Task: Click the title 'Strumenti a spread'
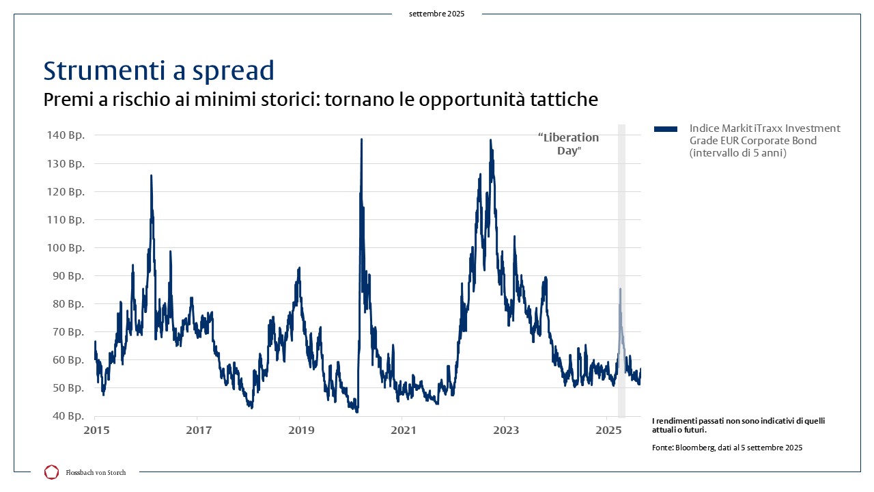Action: click(x=159, y=70)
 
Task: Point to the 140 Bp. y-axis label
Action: click(x=66, y=135)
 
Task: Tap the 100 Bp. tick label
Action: click(x=66, y=247)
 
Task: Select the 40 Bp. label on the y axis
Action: click(x=68, y=416)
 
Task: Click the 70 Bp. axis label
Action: click(x=68, y=332)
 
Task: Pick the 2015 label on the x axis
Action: click(x=96, y=430)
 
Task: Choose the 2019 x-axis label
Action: click(x=301, y=430)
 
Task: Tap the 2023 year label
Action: click(x=506, y=430)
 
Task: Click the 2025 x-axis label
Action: click(x=608, y=430)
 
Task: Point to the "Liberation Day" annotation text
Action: click(x=569, y=143)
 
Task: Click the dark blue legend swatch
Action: click(x=666, y=129)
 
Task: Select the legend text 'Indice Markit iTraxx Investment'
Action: click(x=765, y=128)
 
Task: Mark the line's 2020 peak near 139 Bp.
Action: click(x=362, y=139)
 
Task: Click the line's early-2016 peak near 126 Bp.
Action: click(x=152, y=176)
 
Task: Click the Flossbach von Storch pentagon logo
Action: click(x=51, y=472)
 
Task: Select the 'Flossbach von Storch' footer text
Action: click(x=96, y=472)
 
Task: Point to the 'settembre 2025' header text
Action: click(x=436, y=14)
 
